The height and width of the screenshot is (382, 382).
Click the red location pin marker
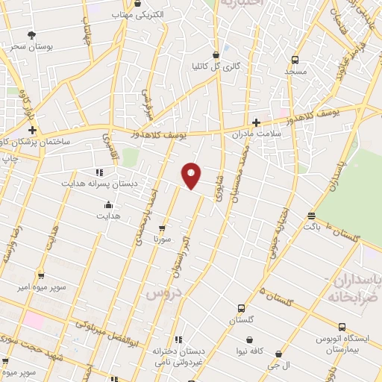tap(192, 175)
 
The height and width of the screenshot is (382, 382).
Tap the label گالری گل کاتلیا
tap(216, 66)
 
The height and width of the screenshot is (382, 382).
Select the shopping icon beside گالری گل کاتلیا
tap(216, 54)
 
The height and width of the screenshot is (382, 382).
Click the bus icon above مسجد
tap(295, 60)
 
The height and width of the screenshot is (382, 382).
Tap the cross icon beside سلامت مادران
tap(256, 122)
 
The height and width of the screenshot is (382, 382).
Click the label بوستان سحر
tap(31, 46)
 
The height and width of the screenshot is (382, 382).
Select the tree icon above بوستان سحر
tap(31, 34)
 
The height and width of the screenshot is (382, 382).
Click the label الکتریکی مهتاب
tap(137, 14)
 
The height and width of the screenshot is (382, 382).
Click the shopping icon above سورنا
tap(162, 228)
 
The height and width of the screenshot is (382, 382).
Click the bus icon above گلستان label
tap(241, 308)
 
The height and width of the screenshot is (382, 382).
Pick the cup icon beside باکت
tap(311, 216)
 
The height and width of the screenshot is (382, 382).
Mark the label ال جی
tap(278, 366)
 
